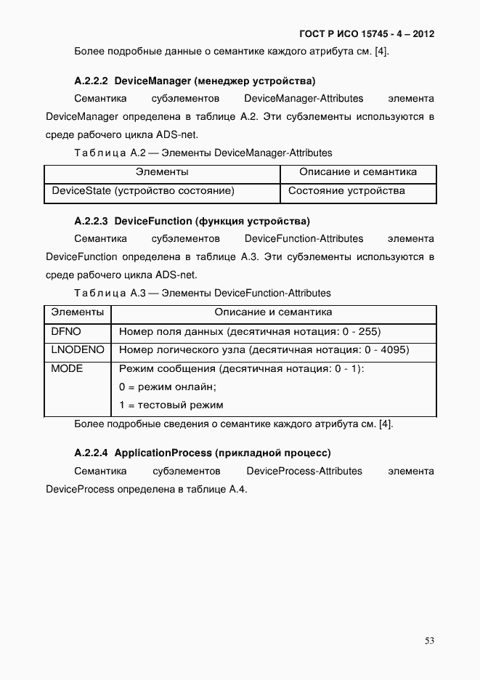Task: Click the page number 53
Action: click(x=429, y=640)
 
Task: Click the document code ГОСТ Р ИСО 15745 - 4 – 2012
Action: click(x=367, y=33)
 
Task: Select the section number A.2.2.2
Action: click(x=91, y=80)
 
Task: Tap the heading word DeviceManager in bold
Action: click(x=152, y=80)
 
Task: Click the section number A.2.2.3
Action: click(x=91, y=220)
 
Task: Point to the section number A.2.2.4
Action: click(x=91, y=453)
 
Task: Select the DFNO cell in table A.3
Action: click(x=66, y=332)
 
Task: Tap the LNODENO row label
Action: click(x=78, y=350)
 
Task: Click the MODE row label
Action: click(x=68, y=369)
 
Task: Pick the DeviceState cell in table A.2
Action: click(x=143, y=192)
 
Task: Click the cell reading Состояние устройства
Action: click(x=346, y=192)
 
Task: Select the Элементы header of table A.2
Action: click(x=162, y=173)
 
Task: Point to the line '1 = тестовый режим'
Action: click(x=171, y=405)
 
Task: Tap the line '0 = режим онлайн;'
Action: click(x=168, y=387)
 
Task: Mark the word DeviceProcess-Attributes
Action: click(x=304, y=471)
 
